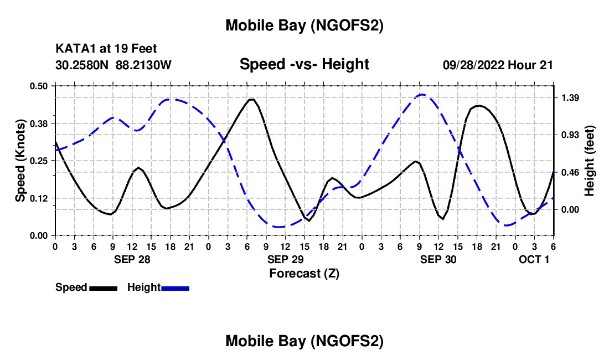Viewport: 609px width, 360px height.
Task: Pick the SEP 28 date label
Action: pos(132,259)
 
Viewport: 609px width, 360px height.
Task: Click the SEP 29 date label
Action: pos(286,259)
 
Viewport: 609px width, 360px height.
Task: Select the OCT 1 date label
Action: pos(534,259)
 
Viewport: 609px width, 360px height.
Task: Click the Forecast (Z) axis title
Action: pos(304,273)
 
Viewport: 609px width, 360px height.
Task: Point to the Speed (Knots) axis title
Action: pos(20,161)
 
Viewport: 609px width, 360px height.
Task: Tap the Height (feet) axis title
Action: pos(589,161)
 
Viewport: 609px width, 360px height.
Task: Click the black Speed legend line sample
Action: pos(103,288)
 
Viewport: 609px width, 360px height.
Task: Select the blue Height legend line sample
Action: pos(175,288)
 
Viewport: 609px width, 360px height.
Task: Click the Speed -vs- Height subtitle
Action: pos(304,64)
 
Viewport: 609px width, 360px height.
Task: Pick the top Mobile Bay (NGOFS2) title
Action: pos(304,25)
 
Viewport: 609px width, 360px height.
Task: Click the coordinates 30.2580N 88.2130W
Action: pos(113,65)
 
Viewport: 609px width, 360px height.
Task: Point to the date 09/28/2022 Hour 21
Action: pos(498,65)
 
